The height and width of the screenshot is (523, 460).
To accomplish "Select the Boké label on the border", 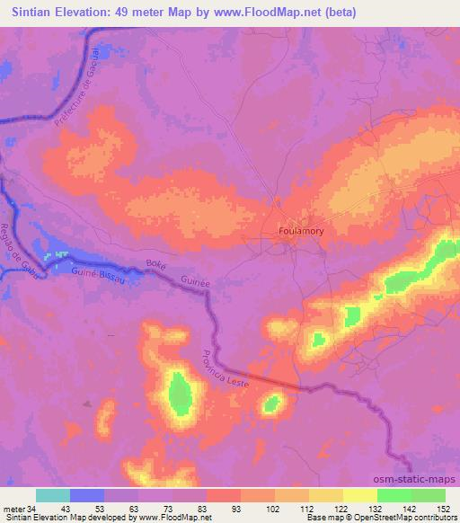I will pyautogui.click(x=156, y=267).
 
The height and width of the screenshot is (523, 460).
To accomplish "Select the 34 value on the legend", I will pyautogui.click(x=32, y=508).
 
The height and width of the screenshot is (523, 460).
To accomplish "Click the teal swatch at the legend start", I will pyautogui.click(x=53, y=495).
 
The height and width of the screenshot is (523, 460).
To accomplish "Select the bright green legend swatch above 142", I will pyautogui.click(x=394, y=495).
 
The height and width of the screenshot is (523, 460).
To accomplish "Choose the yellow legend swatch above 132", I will pyautogui.click(x=360, y=495).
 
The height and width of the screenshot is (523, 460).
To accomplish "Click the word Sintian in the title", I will pyautogui.click(x=29, y=13).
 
